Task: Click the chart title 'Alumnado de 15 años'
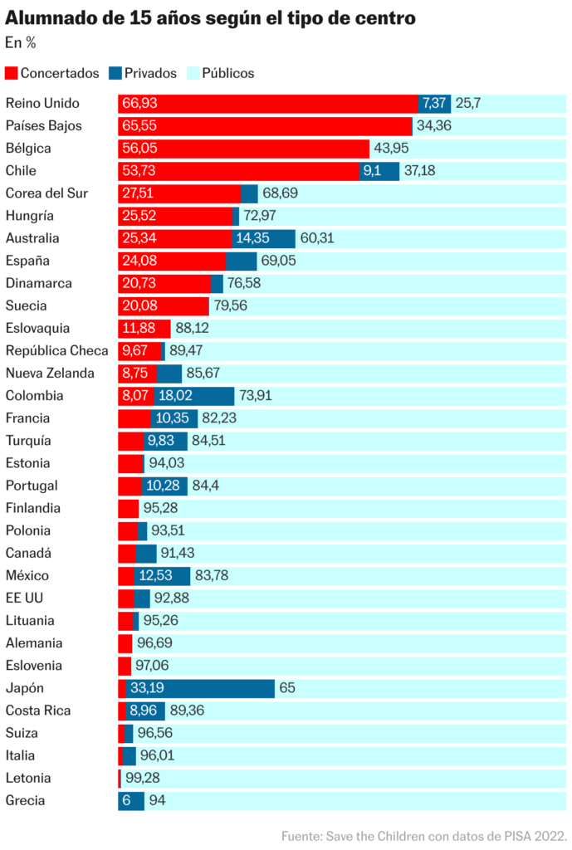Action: click(211, 17)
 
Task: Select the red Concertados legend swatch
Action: click(11, 73)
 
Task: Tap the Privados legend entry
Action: click(143, 73)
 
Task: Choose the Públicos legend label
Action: click(222, 73)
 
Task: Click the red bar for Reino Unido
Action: click(267, 104)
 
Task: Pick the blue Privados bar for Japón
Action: click(200, 688)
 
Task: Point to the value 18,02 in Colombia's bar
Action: click(177, 396)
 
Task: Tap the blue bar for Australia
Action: click(263, 238)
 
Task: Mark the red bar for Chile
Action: click(238, 171)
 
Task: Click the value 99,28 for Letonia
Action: click(143, 778)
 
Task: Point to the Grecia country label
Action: click(25, 801)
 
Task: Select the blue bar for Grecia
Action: click(131, 801)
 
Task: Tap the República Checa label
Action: click(56, 350)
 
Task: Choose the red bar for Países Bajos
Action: click(265, 126)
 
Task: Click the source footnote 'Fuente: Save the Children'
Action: click(423, 835)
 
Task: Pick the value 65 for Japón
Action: click(287, 688)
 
